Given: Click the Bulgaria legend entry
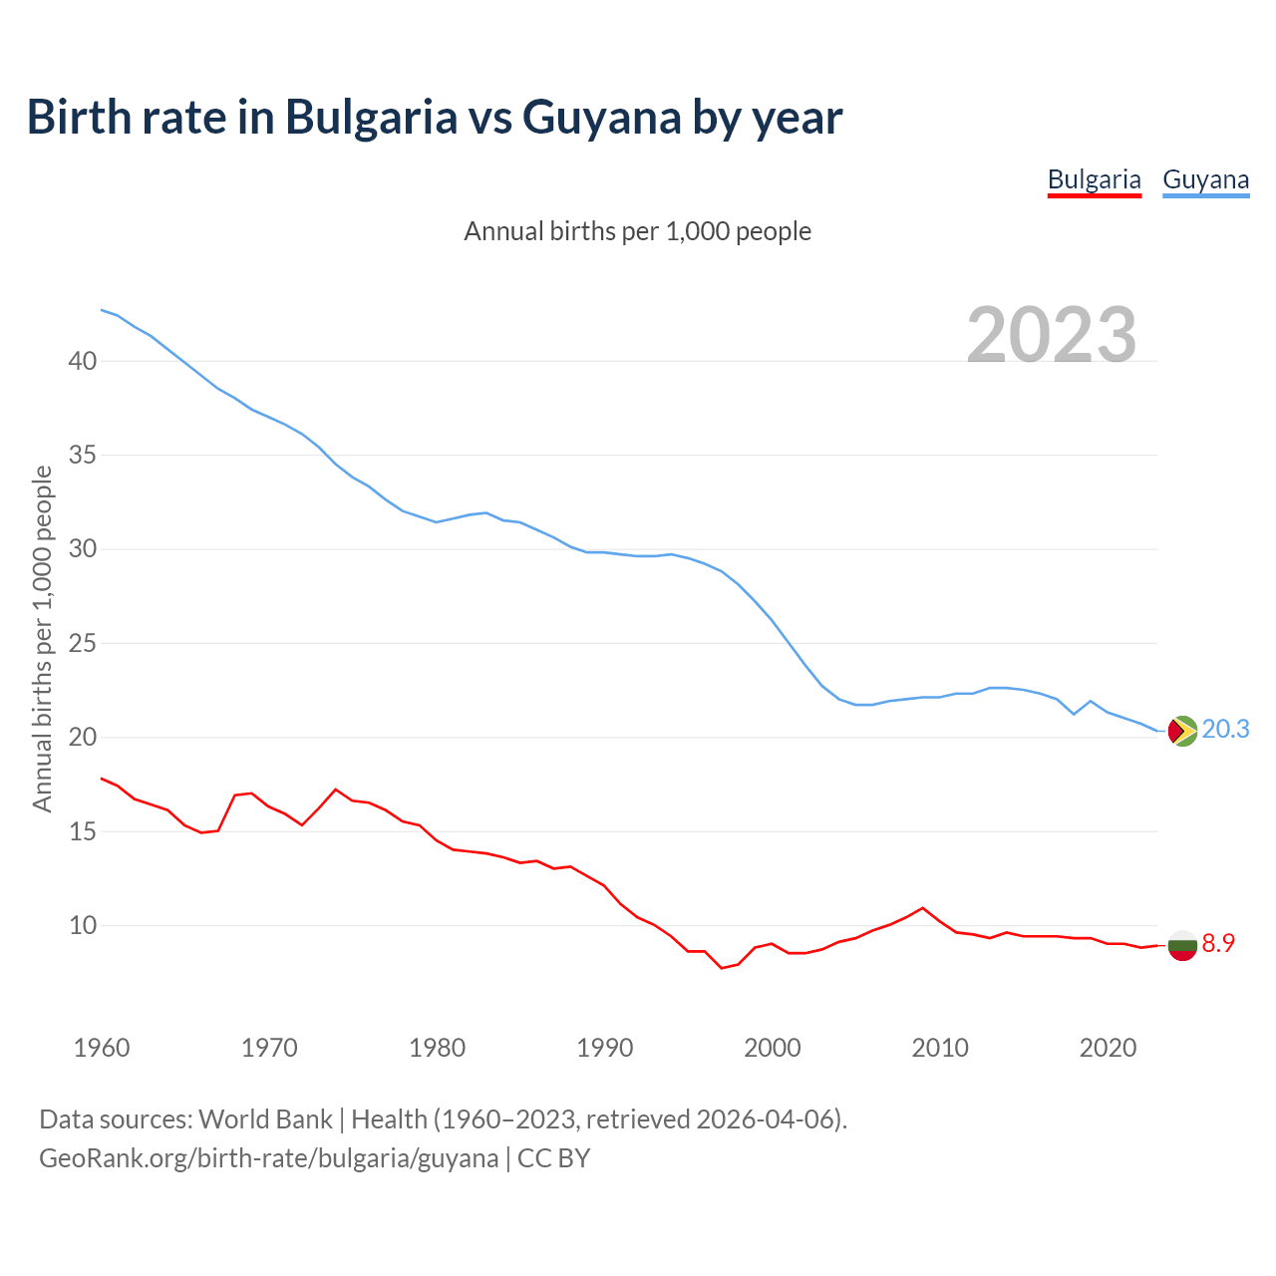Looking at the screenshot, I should coord(1094,179).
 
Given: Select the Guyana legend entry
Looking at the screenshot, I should coord(1205,179).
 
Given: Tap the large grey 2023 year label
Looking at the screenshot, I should coord(1052,334).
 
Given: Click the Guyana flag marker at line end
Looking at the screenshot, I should coord(1182,731).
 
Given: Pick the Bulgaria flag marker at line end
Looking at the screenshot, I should coord(1182,944).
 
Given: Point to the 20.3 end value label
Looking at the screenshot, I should coord(1225,730).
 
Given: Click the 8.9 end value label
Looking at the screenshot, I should coord(1218,943).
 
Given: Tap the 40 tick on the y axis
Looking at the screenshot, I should coord(83,361).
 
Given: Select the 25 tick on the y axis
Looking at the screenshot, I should coord(83,643).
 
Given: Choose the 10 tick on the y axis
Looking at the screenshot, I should coord(83,925).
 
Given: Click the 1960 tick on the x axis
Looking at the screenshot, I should coord(102,1048).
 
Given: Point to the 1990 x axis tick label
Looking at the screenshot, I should coord(605,1048).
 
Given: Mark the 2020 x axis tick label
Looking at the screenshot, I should coord(1108,1048).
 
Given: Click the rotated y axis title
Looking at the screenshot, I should coord(42,638).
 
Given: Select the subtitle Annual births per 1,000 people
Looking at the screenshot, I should coord(638,231).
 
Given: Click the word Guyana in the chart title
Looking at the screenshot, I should coord(601,117).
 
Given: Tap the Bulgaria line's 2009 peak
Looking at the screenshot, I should coord(923,908).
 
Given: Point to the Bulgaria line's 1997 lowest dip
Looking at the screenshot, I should coord(722,968).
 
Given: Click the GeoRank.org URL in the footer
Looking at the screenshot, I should coord(269,1158).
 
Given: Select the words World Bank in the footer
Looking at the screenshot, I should coord(265,1119).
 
